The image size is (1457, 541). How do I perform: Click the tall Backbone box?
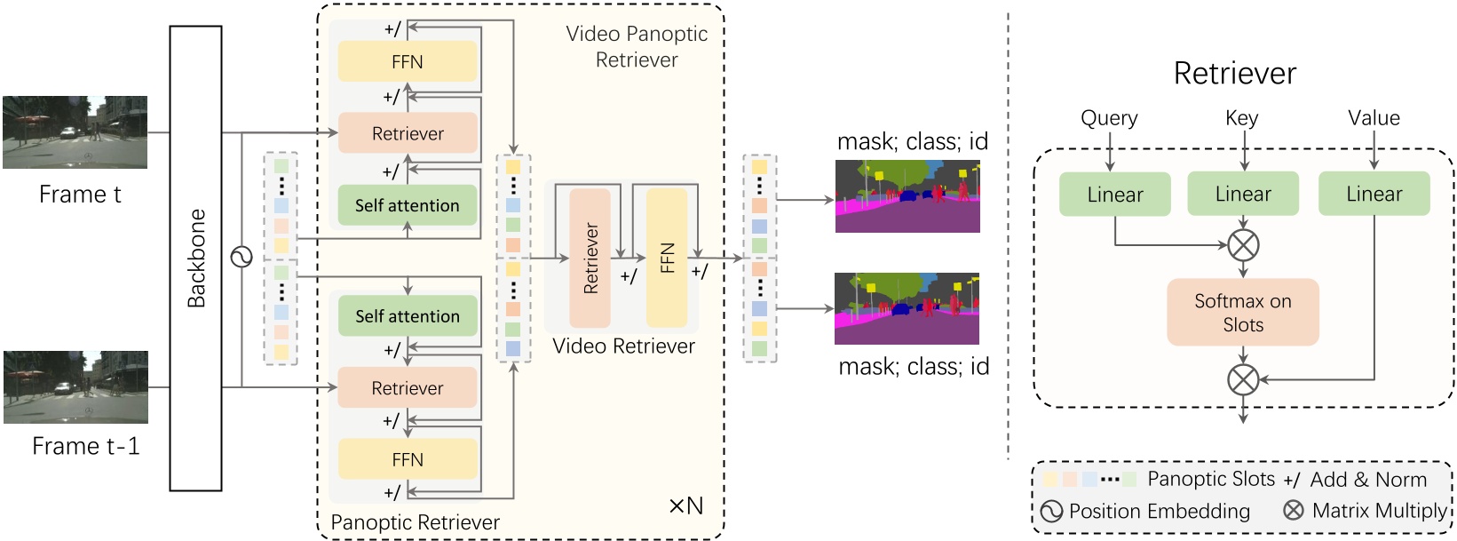[195, 258]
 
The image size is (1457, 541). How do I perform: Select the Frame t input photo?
[75, 132]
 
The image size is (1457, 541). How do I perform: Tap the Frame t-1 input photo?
[75, 386]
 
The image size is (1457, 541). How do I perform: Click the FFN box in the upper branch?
[408, 62]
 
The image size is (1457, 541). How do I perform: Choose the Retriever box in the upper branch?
[408, 133]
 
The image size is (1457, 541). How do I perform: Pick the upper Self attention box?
[408, 205]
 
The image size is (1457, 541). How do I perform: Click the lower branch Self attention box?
[408, 316]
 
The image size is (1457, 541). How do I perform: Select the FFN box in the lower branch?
[408, 459]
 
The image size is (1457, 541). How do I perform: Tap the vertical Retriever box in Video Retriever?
[590, 258]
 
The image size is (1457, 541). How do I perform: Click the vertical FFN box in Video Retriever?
[667, 258]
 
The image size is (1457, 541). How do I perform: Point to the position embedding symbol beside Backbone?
[242, 258]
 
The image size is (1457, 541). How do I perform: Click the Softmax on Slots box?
[1242, 313]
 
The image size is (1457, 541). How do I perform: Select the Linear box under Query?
[1114, 195]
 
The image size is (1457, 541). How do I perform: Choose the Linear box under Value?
[1374, 195]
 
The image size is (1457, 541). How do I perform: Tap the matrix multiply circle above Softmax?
[1243, 244]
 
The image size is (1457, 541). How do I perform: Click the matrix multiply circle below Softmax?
[1243, 380]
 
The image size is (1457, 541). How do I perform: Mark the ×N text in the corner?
[685, 506]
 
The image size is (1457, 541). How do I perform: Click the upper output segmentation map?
[907, 196]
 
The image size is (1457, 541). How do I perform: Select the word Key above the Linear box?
[1241, 118]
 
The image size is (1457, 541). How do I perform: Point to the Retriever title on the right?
[1234, 73]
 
